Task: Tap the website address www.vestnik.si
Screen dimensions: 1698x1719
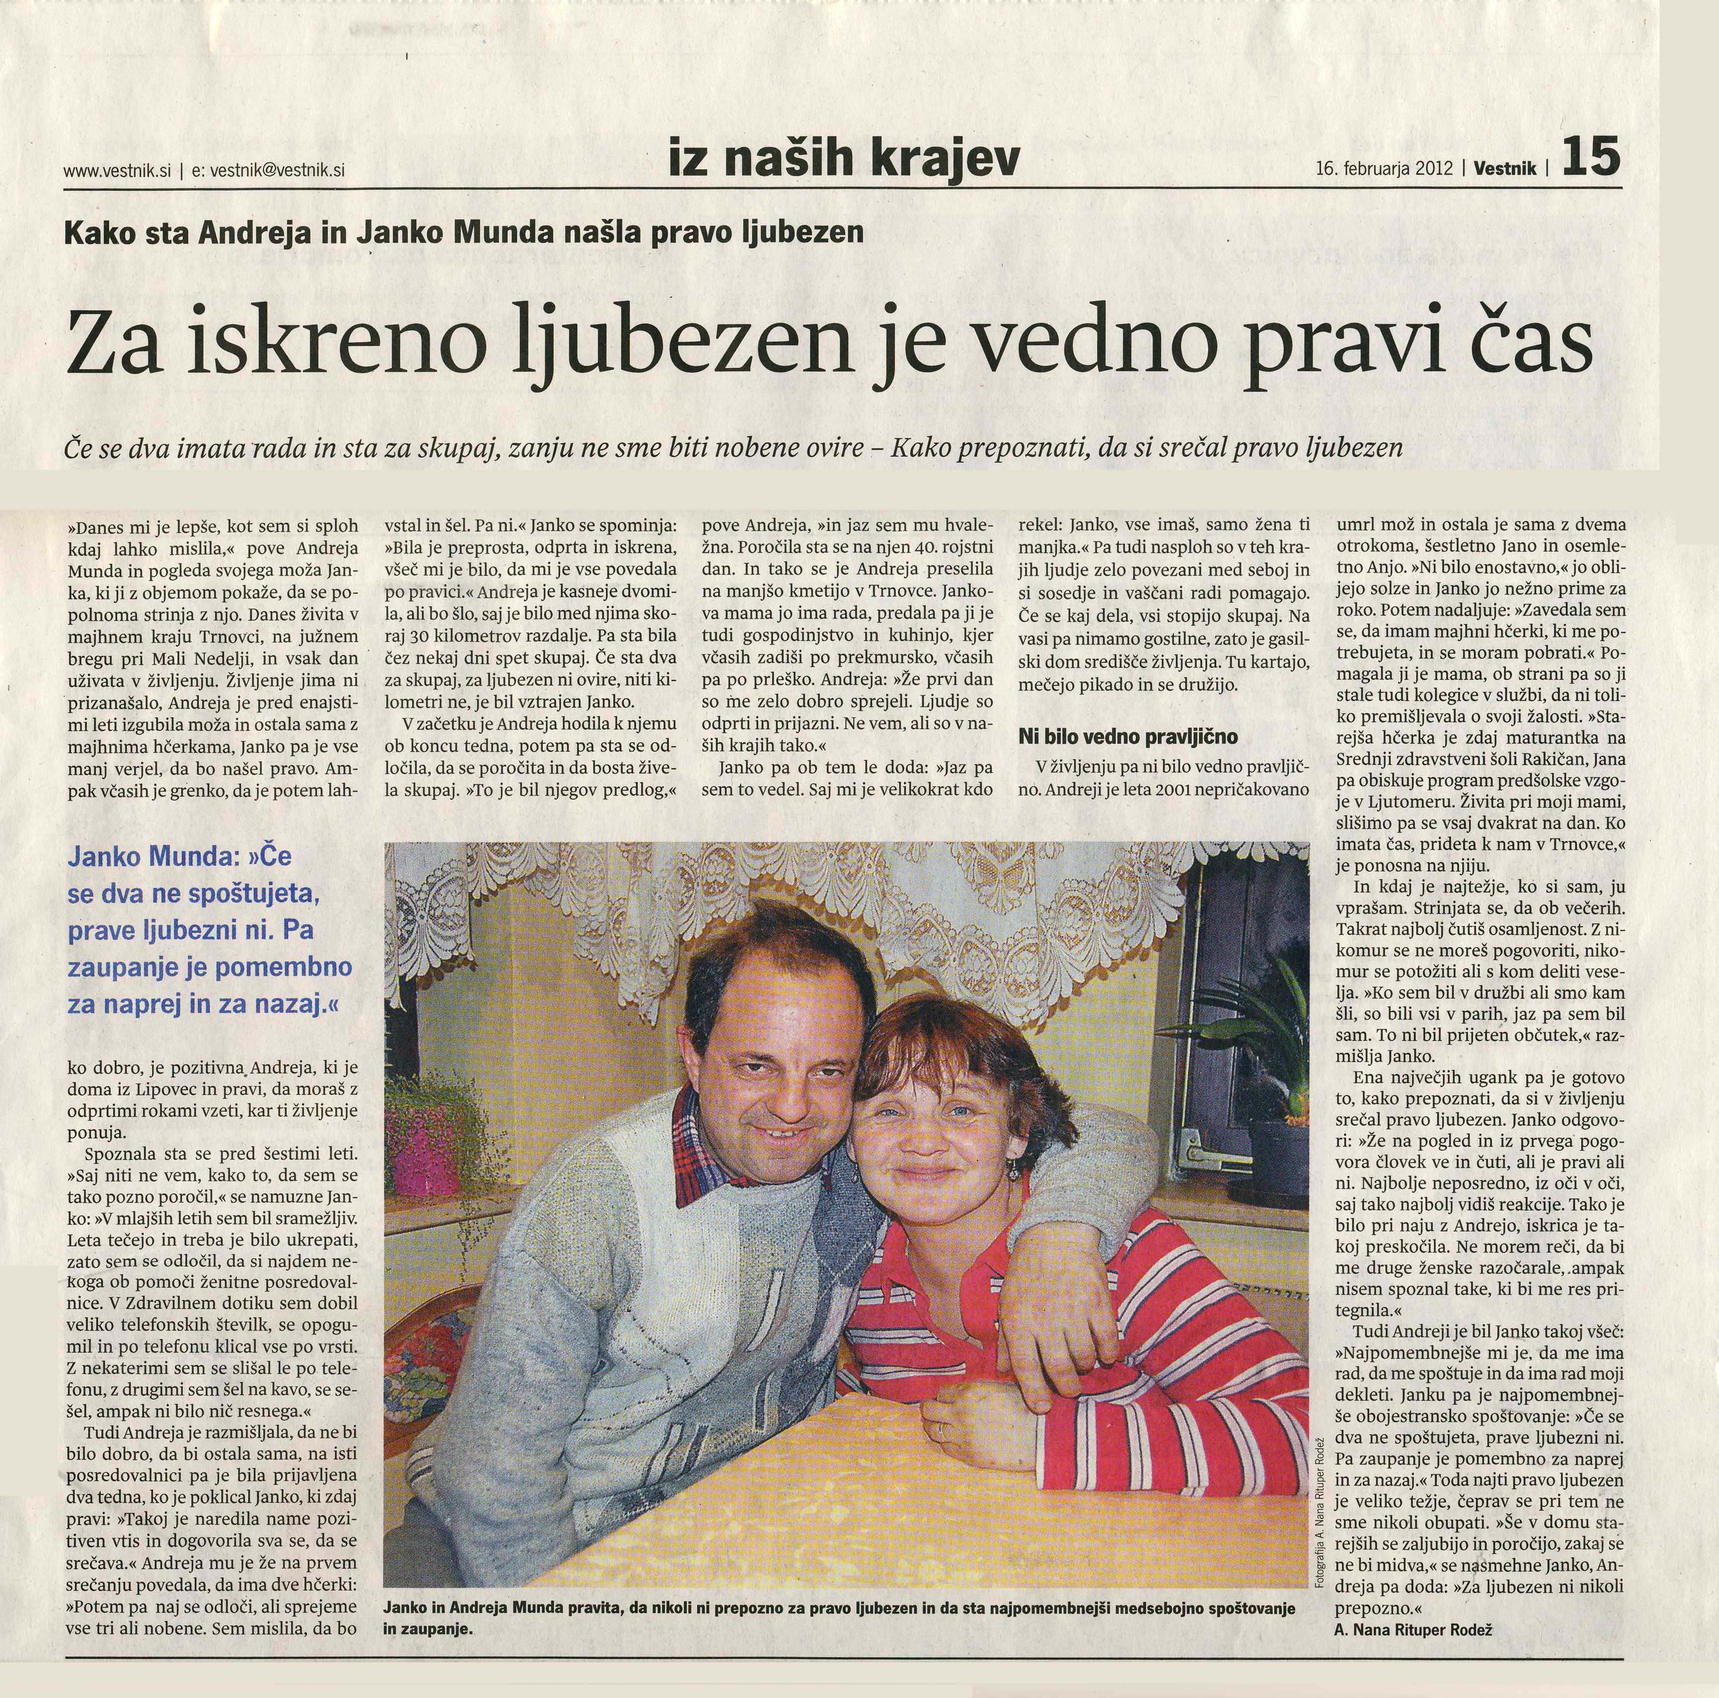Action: click(x=117, y=171)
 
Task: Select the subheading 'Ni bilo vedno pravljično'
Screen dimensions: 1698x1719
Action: click(x=1128, y=737)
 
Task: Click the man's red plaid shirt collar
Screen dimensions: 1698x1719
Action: click(x=703, y=1157)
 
